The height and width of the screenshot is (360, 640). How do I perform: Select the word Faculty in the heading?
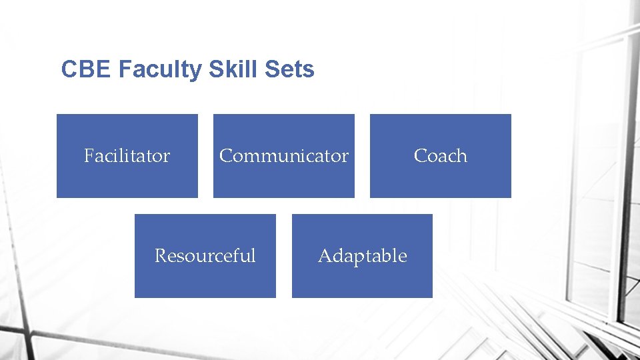coord(159,69)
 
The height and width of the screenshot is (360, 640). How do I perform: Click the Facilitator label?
coord(127,156)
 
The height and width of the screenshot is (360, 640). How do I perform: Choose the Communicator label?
coord(284,156)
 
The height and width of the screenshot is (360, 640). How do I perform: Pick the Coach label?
coord(440,156)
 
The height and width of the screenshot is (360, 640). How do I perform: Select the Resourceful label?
coord(205,256)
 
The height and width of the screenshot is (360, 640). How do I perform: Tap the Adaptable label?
coord(362,256)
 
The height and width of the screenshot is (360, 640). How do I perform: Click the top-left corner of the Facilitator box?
coord(57,115)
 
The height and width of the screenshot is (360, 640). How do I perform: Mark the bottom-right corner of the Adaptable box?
coord(431,297)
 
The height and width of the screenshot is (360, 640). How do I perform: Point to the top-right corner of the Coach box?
coord(510,115)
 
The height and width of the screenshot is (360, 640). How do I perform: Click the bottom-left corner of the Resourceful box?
coord(135,297)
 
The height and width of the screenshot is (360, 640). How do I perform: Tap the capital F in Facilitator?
coord(89,156)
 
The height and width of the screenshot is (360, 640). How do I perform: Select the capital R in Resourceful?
coord(160,256)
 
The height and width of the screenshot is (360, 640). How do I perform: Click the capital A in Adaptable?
coord(325,256)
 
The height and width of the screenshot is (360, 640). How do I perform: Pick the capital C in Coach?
coord(420,156)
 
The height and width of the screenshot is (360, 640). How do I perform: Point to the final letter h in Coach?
coord(461,156)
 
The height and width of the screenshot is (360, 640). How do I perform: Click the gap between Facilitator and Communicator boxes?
coord(205,156)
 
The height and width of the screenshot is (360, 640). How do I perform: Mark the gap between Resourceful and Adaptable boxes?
coord(284,256)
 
